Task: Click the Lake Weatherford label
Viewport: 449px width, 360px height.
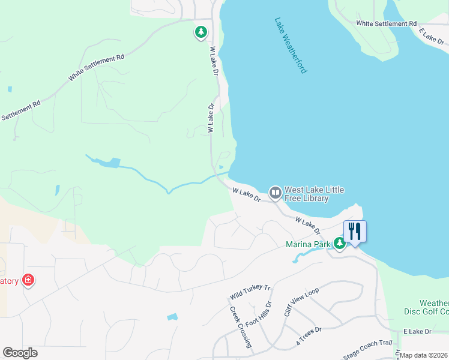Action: coord(291,45)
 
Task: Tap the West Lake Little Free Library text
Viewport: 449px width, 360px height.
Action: coord(315,194)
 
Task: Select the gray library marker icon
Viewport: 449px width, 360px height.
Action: coord(276,193)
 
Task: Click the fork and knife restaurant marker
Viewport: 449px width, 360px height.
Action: coord(354,231)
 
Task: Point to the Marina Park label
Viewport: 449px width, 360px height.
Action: coord(309,244)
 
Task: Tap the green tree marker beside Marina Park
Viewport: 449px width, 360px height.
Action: coord(340,244)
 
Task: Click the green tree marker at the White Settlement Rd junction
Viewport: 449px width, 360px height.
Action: coord(200,32)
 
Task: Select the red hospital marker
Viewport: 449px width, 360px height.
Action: coord(28,280)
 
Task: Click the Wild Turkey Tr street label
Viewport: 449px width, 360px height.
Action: coord(250,292)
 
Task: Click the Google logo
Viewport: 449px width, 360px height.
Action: coord(20,353)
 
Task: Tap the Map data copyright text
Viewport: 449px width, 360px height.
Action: coord(423,355)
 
